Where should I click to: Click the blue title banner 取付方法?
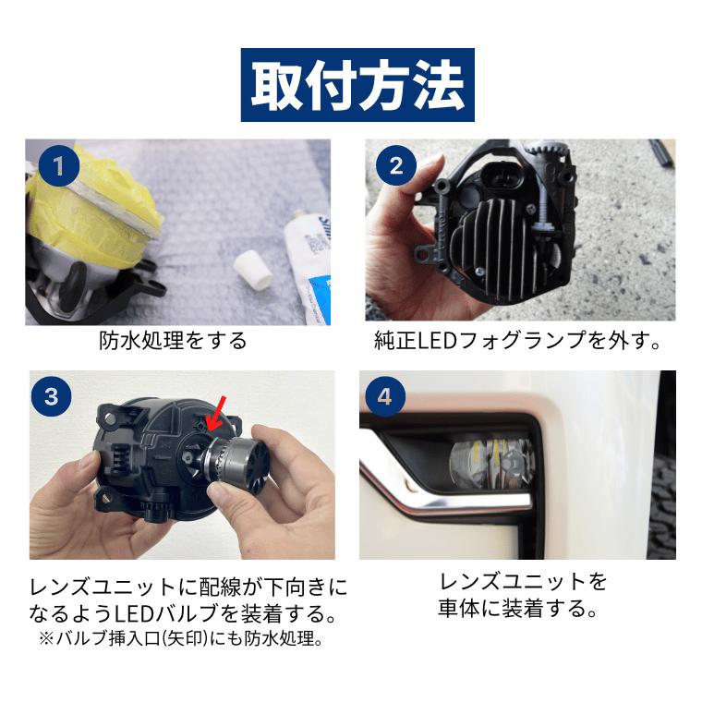[x=357, y=85]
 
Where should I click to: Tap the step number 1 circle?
[x=58, y=166]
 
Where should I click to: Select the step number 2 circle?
[x=396, y=166]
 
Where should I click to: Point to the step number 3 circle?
[x=52, y=396]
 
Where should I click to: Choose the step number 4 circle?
[x=384, y=396]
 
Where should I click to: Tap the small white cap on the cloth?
[x=253, y=269]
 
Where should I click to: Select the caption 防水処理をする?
[x=173, y=341]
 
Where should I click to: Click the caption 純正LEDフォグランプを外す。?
[x=518, y=341]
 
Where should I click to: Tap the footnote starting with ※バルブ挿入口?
[x=181, y=638]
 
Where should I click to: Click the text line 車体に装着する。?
[x=518, y=609]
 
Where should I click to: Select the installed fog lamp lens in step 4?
[x=491, y=463]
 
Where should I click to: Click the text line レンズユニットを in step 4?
[x=523, y=582]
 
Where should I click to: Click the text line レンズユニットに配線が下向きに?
[x=188, y=587]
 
